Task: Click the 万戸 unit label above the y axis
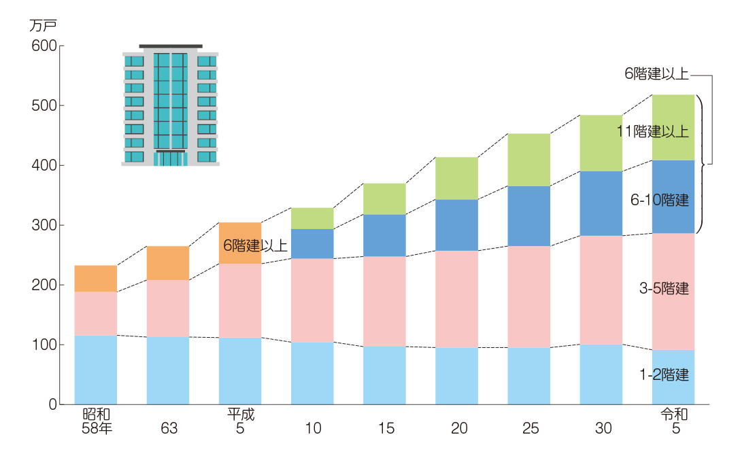coord(42,26)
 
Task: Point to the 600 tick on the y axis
coord(44,46)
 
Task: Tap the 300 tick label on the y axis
coord(44,225)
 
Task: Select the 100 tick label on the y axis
coord(44,345)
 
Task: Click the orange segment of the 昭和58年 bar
coord(95,279)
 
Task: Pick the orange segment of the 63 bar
coord(168,262)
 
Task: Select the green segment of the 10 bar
coord(312,218)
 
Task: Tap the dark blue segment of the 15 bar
coord(384,235)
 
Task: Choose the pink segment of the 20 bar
coord(456,299)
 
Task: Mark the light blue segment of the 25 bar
coord(528,376)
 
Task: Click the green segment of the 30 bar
coord(601,143)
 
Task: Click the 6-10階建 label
coord(659,200)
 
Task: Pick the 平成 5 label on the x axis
coord(241,421)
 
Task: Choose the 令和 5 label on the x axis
coord(673,421)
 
